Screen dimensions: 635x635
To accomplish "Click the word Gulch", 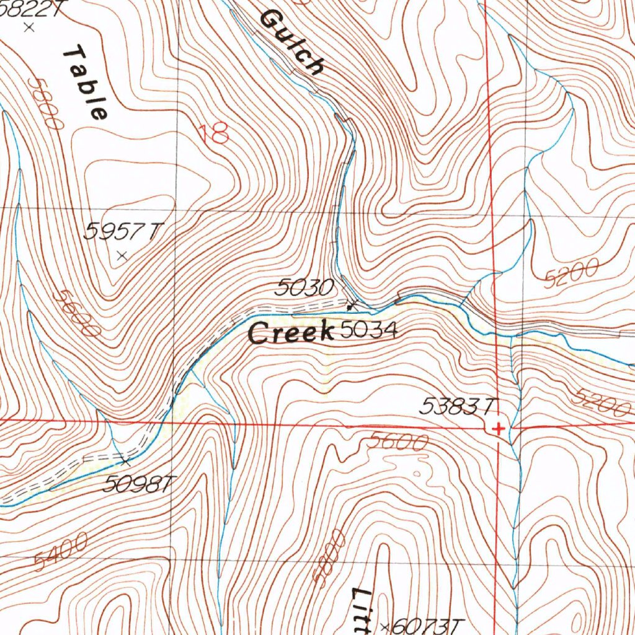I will coord(291,42).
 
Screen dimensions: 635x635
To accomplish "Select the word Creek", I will coord(290,333).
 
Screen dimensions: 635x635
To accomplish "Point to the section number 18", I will coord(214,133).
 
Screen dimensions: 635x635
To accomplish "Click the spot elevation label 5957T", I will coord(122,232).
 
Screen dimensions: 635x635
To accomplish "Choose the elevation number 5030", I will coord(305,287).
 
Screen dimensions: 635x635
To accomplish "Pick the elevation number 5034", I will coord(368,331).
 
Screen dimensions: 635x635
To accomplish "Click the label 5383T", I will coord(459,407).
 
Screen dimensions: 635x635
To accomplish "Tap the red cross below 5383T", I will coord(497,429).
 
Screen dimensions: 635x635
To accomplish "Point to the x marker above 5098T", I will coord(126,461).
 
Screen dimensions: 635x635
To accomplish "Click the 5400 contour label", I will coord(60,552).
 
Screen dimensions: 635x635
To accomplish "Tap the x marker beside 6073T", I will coord(386,627).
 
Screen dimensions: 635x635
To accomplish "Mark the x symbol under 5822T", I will coord(28,27).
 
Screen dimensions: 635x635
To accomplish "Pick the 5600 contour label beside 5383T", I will coord(397,442).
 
